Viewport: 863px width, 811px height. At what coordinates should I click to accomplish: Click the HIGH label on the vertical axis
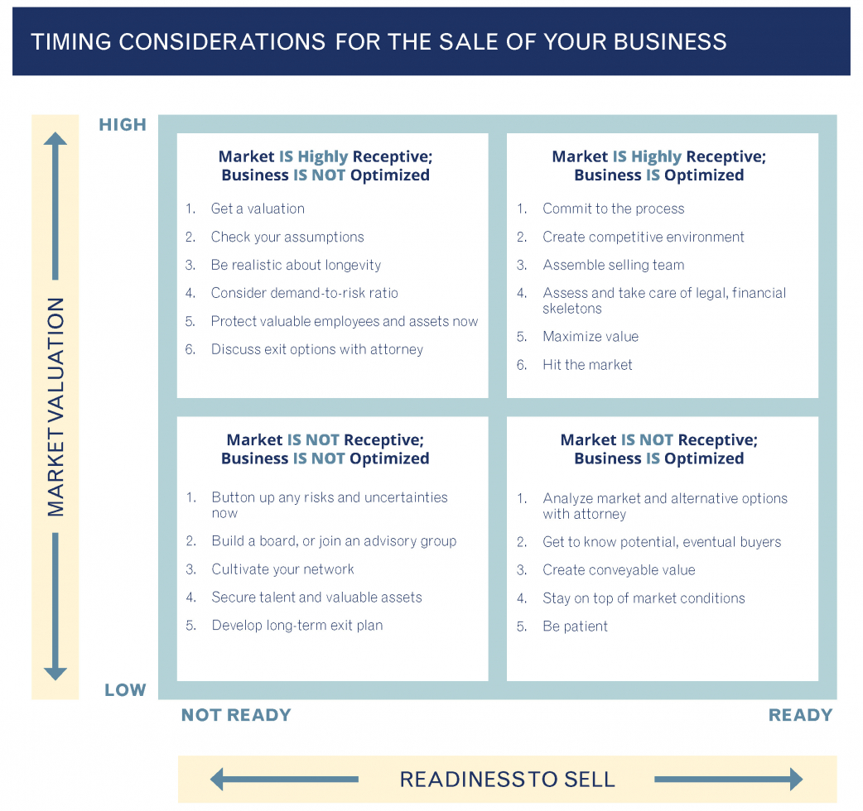tap(123, 125)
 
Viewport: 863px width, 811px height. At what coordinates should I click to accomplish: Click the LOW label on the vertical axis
tap(125, 690)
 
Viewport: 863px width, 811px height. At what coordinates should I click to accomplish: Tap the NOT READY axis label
tap(236, 715)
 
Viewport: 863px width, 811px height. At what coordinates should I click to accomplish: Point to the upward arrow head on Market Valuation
tap(55, 138)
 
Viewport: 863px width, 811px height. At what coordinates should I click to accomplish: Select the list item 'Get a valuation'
tap(258, 209)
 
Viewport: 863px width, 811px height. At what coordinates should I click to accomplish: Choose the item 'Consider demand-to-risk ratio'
tap(304, 293)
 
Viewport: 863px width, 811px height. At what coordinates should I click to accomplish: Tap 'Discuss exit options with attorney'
tap(316, 349)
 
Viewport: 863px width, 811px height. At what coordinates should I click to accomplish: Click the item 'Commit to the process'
tap(613, 209)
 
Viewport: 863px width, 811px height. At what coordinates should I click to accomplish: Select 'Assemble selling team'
tap(613, 265)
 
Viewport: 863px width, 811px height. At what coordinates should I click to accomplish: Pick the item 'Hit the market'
tap(587, 364)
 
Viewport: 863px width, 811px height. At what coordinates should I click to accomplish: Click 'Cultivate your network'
tap(282, 569)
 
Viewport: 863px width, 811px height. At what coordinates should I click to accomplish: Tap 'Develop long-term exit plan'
tap(297, 626)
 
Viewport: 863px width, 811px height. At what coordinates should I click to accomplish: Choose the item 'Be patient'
tap(575, 626)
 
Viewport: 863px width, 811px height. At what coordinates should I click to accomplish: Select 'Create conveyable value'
tap(619, 570)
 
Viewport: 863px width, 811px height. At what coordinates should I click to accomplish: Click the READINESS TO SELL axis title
tap(507, 779)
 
